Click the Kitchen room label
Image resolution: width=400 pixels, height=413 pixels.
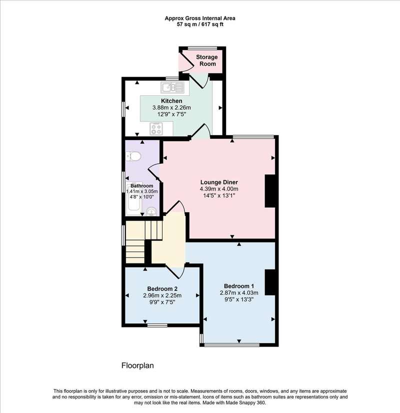(171, 101)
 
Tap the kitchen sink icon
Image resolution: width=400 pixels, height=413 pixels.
(172, 87)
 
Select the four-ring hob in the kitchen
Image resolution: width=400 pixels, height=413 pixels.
(155, 129)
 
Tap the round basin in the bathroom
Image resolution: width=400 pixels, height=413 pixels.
(151, 211)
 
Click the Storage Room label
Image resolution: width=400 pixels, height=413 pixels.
(207, 60)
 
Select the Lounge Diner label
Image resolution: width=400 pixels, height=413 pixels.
(219, 182)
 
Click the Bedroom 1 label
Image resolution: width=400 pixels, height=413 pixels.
(239, 286)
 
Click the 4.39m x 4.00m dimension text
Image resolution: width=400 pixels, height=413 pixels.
(219, 189)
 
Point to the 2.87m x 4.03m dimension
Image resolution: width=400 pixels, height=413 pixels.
(239, 292)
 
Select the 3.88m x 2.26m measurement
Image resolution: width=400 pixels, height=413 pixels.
(171, 107)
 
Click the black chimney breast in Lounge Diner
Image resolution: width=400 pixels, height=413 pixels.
(270, 191)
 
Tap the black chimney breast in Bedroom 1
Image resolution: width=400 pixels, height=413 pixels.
(270, 282)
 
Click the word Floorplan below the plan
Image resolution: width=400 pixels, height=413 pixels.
(137, 365)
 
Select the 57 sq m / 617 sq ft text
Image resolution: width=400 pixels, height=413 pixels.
(200, 25)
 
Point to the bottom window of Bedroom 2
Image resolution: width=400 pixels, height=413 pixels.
(157, 325)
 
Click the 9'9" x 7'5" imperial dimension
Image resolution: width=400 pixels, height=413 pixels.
(162, 302)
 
